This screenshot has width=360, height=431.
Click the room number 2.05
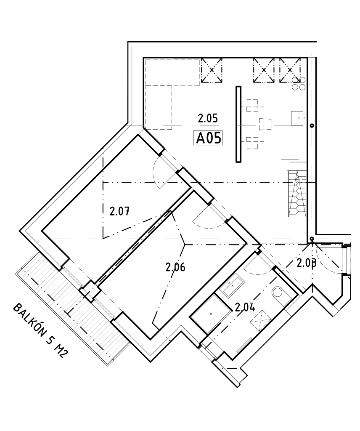point(208,118)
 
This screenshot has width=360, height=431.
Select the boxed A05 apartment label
point(208,138)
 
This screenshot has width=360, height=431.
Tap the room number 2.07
point(119,211)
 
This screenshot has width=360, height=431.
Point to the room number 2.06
point(175,267)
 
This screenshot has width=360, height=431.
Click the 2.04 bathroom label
point(245,307)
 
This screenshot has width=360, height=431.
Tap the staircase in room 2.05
point(296,194)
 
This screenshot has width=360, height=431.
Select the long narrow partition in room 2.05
point(238,124)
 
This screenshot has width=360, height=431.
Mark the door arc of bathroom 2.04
point(261,266)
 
